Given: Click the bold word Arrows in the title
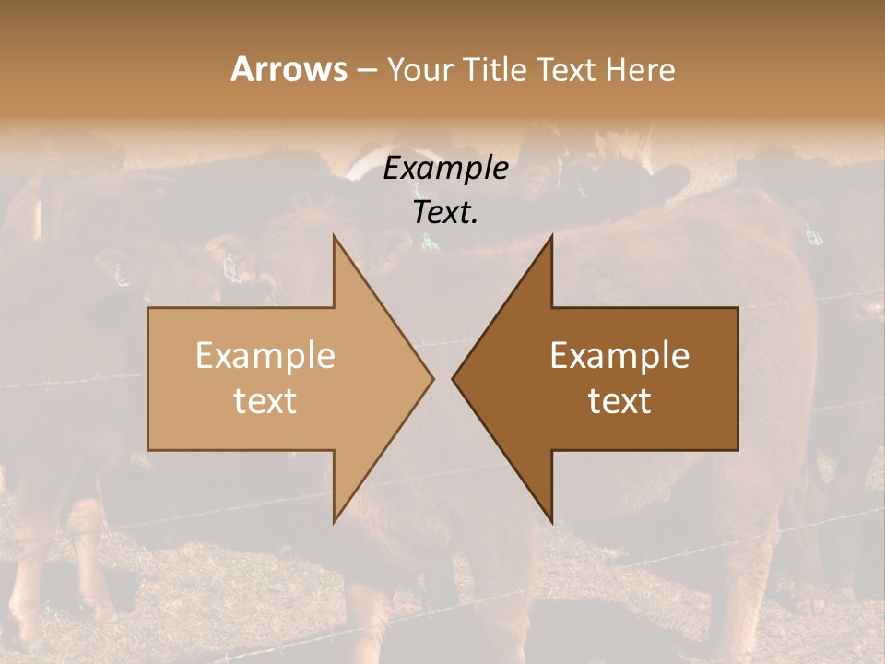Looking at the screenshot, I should coord(289,69).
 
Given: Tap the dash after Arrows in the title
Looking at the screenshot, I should coord(366,70).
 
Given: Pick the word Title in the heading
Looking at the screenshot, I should coord(494,69).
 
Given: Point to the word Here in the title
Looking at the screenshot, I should coord(642,69).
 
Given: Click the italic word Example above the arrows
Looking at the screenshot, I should coord(446,169).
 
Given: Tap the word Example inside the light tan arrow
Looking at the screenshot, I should coord(265,356).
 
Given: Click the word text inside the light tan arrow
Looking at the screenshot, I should coord(265,401).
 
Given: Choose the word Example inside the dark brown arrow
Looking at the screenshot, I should coord(619,356).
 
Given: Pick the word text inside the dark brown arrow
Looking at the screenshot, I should coord(619,401).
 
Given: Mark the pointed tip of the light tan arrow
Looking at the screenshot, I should coord(432,378).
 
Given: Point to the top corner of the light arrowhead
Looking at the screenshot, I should coord(335,236).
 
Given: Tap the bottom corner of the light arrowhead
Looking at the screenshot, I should coord(335,521).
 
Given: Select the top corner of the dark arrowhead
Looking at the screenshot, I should coord(551,236).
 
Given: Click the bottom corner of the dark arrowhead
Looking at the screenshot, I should coord(551,521).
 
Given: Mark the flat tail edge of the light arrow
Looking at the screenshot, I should coord(148,378).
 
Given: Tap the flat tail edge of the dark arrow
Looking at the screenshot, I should coord(737,378).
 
